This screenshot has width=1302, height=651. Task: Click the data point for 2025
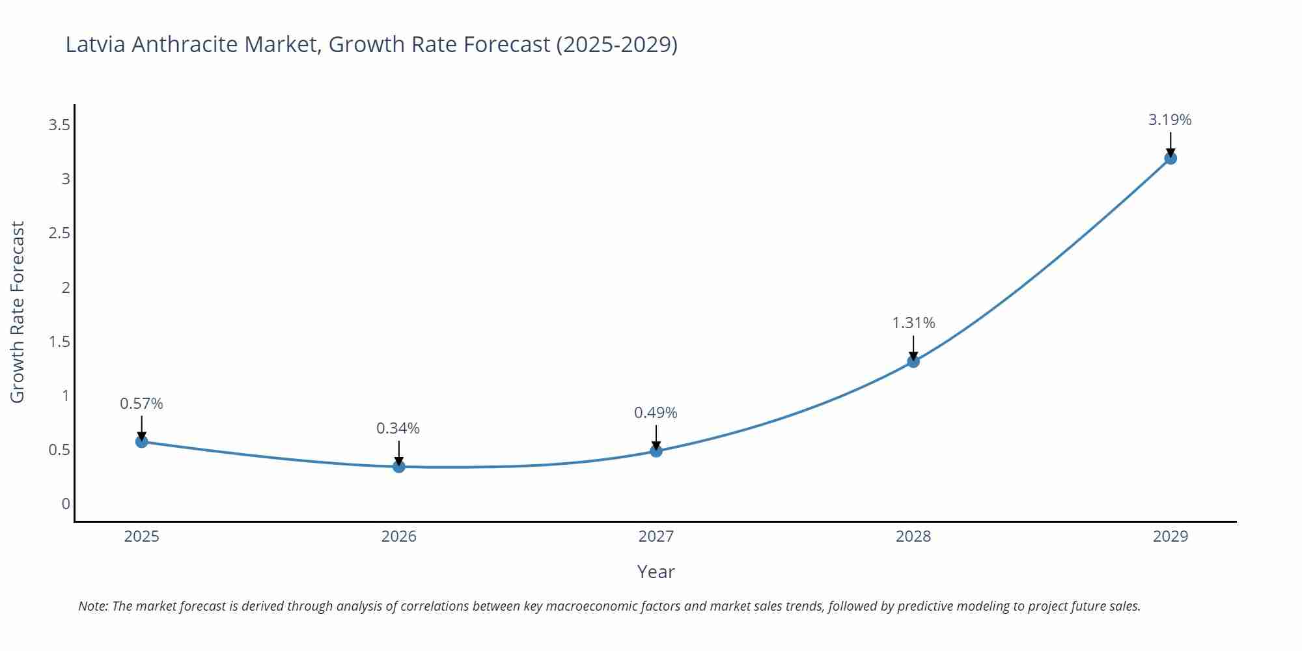click(x=141, y=442)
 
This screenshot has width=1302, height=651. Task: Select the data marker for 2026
click(x=398, y=467)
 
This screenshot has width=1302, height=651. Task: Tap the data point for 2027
click(x=656, y=450)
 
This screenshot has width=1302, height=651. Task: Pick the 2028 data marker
click(x=913, y=361)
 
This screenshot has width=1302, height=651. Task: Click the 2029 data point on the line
click(x=1170, y=158)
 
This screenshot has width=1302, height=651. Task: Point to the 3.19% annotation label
click(x=1170, y=120)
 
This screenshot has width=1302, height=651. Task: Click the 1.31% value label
click(x=913, y=323)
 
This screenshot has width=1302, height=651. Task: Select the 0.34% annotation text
click(x=398, y=428)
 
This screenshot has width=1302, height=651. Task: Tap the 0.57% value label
click(x=141, y=404)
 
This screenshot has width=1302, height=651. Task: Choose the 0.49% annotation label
click(x=656, y=413)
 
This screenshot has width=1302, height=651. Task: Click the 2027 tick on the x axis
click(x=656, y=536)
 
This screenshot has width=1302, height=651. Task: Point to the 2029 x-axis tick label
click(x=1170, y=536)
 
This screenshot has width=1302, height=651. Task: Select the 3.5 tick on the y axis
click(x=59, y=125)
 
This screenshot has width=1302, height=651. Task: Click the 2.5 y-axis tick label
click(x=59, y=233)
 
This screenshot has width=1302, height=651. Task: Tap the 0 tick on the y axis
click(x=66, y=504)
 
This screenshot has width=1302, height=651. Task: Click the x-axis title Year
click(x=656, y=572)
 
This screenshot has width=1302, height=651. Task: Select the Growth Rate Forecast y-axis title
click(x=18, y=312)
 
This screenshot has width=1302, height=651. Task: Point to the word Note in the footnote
click(x=92, y=606)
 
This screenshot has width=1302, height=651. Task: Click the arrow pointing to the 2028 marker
click(x=913, y=347)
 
